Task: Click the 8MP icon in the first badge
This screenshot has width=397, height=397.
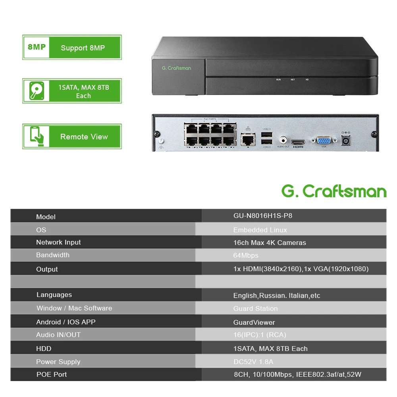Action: [x=37, y=47]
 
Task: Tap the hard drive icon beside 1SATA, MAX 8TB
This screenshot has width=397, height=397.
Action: [x=36, y=91]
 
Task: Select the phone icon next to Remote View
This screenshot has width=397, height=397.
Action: [x=36, y=137]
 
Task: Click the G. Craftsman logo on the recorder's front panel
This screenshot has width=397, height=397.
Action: [x=176, y=68]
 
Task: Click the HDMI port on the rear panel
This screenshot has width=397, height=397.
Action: [x=298, y=142]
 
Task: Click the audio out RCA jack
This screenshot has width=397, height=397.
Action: [x=283, y=140]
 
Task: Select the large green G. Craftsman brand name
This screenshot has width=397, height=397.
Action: [x=334, y=191]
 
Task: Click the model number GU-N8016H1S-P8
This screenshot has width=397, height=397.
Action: [x=263, y=216]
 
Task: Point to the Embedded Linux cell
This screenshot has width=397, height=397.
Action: [x=260, y=230]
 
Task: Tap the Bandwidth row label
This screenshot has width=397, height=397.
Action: [x=53, y=255]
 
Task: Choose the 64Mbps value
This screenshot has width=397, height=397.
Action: [x=246, y=255]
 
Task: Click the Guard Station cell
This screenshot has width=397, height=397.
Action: [x=255, y=308]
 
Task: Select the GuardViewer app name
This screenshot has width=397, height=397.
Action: [x=254, y=322]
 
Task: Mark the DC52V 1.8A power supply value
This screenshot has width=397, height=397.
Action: [x=253, y=362]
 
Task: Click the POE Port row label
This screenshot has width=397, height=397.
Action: [x=52, y=374]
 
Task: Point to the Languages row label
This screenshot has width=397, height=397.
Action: [x=54, y=295]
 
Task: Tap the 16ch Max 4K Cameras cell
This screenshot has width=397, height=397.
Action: [x=270, y=243]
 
